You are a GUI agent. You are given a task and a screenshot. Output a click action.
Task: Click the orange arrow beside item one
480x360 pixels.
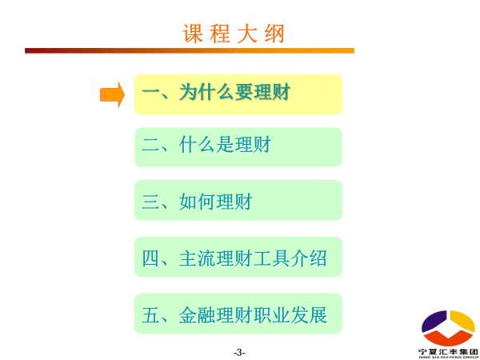click(112, 94)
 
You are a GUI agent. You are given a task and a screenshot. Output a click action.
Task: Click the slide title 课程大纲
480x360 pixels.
click(234, 33)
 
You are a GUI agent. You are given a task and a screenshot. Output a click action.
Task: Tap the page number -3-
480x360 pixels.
click(239, 352)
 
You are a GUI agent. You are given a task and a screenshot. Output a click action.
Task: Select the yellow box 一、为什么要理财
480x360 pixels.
click(238, 94)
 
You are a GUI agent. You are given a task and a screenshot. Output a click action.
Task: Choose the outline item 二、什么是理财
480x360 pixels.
click(238, 147)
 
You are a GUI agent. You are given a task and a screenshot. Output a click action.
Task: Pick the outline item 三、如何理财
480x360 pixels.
click(238, 200)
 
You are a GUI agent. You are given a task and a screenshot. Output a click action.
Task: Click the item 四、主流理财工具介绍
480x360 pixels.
click(238, 257)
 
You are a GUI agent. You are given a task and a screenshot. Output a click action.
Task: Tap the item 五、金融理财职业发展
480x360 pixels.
click(238, 314)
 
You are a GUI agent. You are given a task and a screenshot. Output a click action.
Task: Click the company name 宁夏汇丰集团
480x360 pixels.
click(448, 352)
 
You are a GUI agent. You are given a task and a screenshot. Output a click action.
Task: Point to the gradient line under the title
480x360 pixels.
click(190, 50)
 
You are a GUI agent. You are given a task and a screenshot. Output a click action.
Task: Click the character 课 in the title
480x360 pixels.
click(193, 33)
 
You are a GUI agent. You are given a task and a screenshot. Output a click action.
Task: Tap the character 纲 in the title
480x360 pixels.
click(275, 33)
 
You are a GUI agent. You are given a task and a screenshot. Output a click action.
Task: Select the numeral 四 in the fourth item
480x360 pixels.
click(151, 258)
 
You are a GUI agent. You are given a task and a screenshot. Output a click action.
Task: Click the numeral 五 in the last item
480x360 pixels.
click(151, 315)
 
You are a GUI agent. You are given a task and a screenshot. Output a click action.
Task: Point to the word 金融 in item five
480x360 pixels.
click(198, 315)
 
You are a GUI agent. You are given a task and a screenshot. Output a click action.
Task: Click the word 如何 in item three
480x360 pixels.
click(198, 202)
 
